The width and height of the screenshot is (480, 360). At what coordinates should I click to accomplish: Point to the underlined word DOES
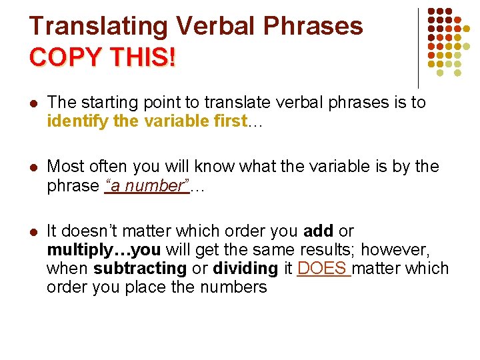click(x=323, y=269)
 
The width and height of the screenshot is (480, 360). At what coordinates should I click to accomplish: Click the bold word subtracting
click(x=140, y=269)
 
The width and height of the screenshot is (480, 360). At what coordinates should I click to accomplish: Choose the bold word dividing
click(x=245, y=269)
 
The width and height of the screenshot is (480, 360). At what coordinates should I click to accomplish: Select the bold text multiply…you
click(x=104, y=250)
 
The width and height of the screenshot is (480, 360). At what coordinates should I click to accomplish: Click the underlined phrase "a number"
click(x=147, y=187)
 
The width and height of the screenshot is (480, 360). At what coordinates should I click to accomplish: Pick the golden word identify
click(x=73, y=122)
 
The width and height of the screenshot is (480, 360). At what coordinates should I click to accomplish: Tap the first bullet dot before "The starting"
click(x=33, y=103)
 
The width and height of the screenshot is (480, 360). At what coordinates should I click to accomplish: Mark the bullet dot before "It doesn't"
click(x=33, y=232)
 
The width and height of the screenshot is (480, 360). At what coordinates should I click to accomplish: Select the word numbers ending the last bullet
click(x=234, y=287)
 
